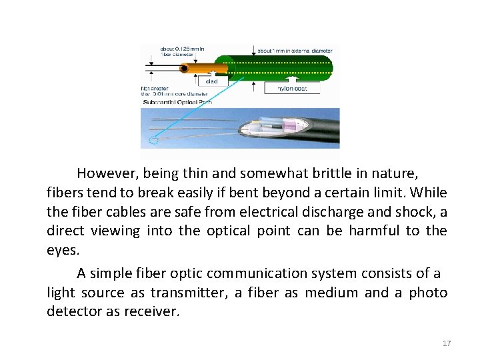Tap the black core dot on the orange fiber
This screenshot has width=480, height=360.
[x=183, y=68]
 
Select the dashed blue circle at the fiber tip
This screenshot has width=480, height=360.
[x=155, y=139]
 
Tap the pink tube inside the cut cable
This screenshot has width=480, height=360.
[x=291, y=125]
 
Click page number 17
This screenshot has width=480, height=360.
[x=447, y=343]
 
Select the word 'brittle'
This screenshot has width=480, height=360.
[x=323, y=174]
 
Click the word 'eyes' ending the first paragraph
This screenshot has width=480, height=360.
[x=62, y=251]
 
